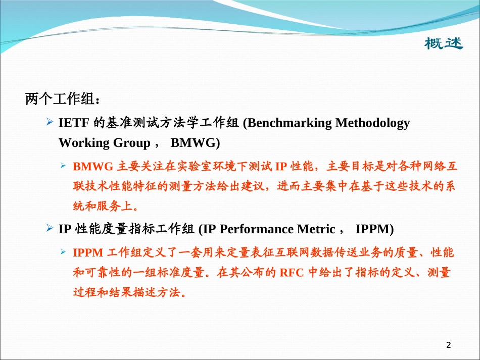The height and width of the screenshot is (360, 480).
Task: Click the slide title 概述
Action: coord(443,44)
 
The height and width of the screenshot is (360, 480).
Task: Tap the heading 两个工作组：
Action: coord(59,99)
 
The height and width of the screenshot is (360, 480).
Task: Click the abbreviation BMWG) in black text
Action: coord(195,143)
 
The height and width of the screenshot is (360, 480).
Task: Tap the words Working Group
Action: coord(104,143)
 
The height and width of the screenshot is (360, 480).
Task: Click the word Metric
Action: coord(316,229)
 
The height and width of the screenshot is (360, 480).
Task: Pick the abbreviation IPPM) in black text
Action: coord(374,229)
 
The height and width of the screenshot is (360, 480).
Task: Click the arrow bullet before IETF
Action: coord(50,122)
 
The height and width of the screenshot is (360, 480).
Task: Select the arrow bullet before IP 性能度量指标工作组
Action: coord(50,229)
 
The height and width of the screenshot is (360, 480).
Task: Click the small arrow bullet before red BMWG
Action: coord(64,166)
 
